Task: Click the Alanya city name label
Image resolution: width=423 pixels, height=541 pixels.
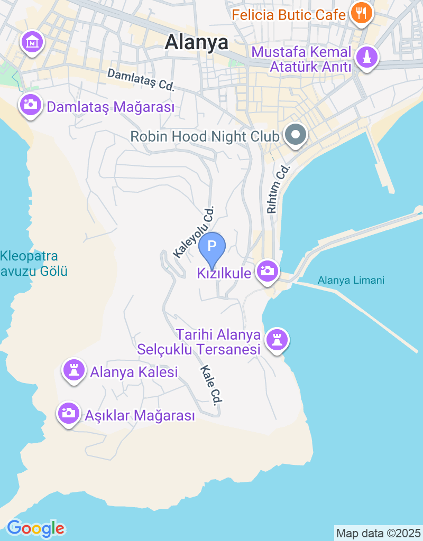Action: point(196,42)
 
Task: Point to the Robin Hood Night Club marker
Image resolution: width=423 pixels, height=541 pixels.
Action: point(296,135)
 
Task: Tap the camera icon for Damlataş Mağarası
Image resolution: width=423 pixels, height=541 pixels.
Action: point(31,104)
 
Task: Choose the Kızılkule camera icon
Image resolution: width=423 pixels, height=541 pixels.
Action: point(268,272)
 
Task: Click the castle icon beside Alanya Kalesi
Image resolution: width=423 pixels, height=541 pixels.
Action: point(73,370)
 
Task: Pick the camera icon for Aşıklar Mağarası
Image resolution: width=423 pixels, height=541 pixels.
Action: point(68,413)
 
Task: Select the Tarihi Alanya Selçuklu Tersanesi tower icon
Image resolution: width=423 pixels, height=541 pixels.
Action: point(277,339)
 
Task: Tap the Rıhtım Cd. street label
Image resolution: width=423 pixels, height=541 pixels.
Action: point(279,189)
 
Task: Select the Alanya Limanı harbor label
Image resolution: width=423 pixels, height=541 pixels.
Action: point(351,281)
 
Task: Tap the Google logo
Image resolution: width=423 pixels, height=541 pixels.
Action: point(35,528)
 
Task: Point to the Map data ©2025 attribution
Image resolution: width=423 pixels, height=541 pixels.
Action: point(378,533)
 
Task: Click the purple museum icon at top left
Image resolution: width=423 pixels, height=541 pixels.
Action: point(32,41)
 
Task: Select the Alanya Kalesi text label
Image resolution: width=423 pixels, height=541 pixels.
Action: point(134,372)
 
